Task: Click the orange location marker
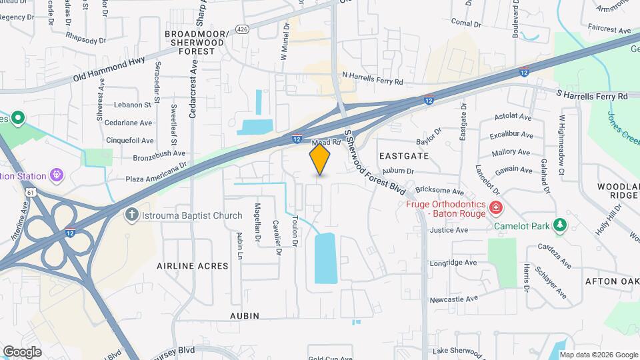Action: [320, 159]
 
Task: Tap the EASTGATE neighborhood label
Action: [403, 155]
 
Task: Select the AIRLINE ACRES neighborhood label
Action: [192, 265]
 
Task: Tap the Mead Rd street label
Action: [327, 142]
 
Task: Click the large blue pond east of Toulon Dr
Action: [325, 258]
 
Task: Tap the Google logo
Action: [21, 352]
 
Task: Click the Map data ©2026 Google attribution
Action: [598, 354]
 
